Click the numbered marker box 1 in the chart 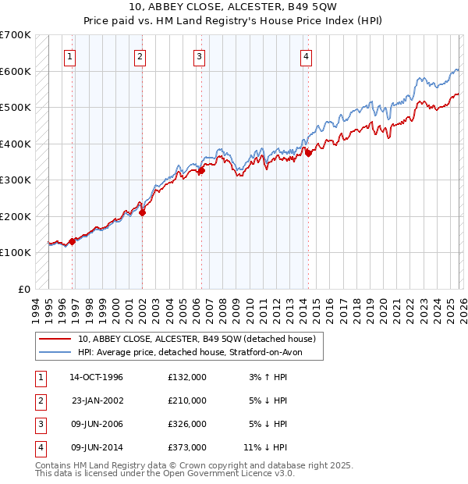[x=70, y=56]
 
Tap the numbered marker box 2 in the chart [x=139, y=56]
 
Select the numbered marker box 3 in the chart [x=200, y=56]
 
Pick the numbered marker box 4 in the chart [x=307, y=56]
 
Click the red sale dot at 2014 [x=308, y=153]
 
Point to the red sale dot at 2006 [x=201, y=170]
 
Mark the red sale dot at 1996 [x=73, y=241]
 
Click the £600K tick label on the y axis [x=16, y=71]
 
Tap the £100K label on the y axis [x=16, y=253]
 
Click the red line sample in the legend [x=55, y=340]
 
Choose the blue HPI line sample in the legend [x=55, y=352]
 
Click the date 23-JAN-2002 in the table [x=97, y=400]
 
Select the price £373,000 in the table [x=186, y=447]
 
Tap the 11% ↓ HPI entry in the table [x=264, y=447]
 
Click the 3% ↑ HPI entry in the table [x=266, y=376]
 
